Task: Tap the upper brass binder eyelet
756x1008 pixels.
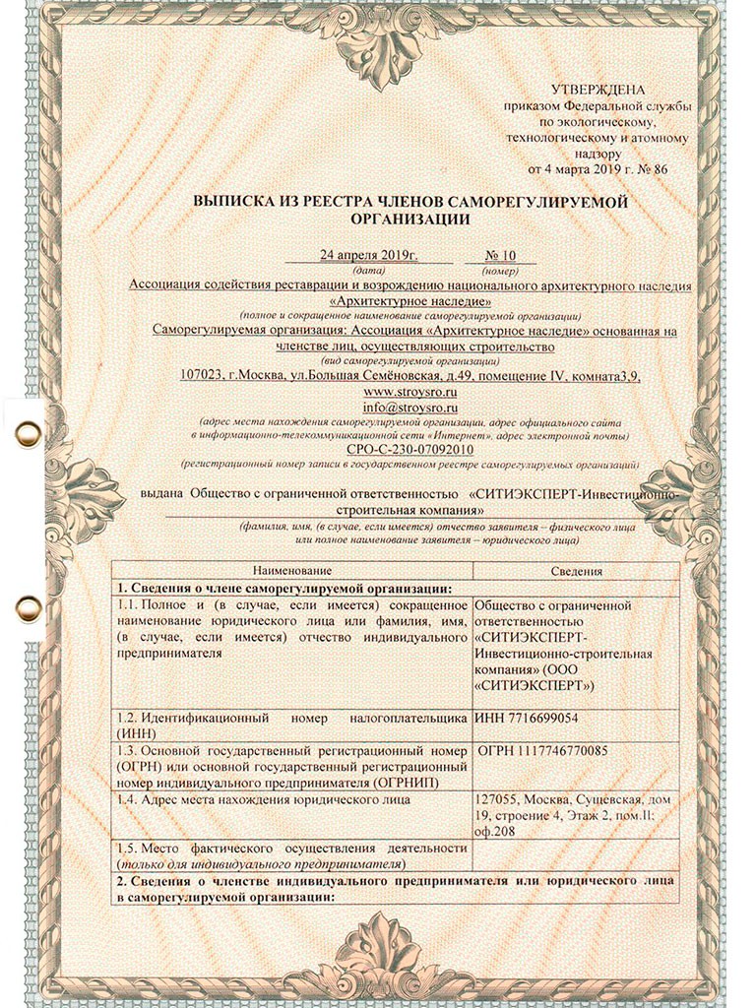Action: coord(27,431)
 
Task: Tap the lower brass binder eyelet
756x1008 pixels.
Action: coord(27,603)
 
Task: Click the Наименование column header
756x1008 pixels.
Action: coord(291,571)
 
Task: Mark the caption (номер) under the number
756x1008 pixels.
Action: coord(501,270)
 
